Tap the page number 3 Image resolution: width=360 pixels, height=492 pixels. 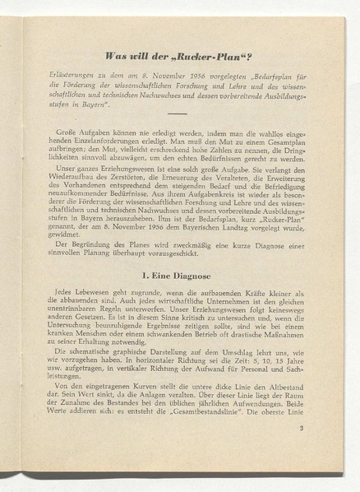coord(301,427)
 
